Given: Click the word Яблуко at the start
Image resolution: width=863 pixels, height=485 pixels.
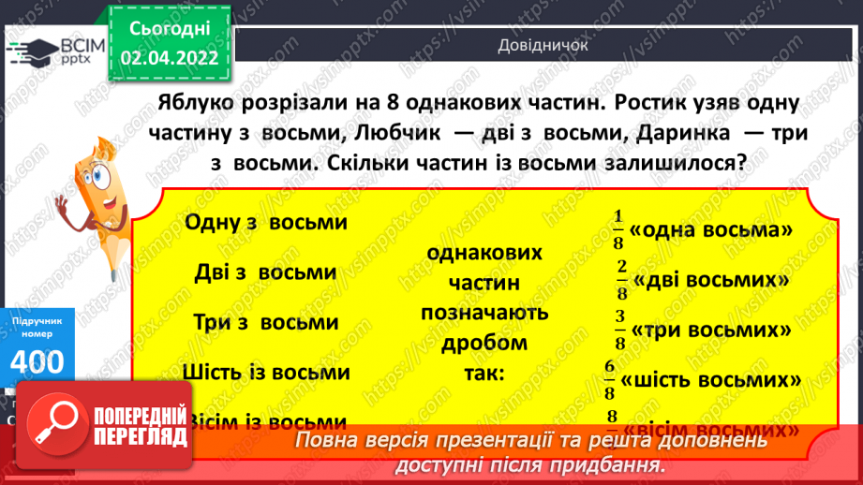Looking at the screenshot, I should [x=201, y=100].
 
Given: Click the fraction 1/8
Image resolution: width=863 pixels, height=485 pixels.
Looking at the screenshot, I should [x=617, y=229].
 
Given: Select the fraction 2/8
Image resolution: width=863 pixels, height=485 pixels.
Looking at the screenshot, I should [x=620, y=280].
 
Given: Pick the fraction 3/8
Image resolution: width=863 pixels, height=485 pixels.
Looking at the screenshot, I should [x=619, y=331].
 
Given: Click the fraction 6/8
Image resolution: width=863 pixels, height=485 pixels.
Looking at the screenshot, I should [x=610, y=380].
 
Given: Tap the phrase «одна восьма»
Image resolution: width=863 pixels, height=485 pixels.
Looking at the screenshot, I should [x=712, y=230].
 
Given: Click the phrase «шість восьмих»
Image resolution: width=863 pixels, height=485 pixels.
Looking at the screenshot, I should [x=710, y=381].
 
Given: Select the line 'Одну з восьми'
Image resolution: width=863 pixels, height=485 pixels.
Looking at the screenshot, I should [x=266, y=223].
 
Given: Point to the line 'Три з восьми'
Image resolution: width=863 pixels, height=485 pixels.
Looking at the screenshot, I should [x=265, y=322].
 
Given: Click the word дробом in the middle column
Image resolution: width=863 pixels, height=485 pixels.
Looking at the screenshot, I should [x=484, y=343].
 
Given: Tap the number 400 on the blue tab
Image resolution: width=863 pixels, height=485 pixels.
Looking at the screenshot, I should [x=38, y=360].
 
